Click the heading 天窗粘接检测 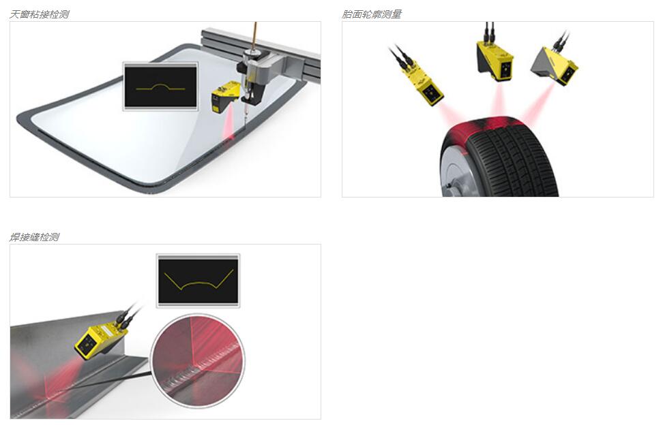(39, 14)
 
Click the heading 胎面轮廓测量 (371, 14)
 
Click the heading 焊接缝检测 (34, 237)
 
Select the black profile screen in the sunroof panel (160, 86)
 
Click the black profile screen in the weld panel (198, 281)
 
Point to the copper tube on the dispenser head (254, 36)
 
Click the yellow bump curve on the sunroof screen (161, 87)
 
